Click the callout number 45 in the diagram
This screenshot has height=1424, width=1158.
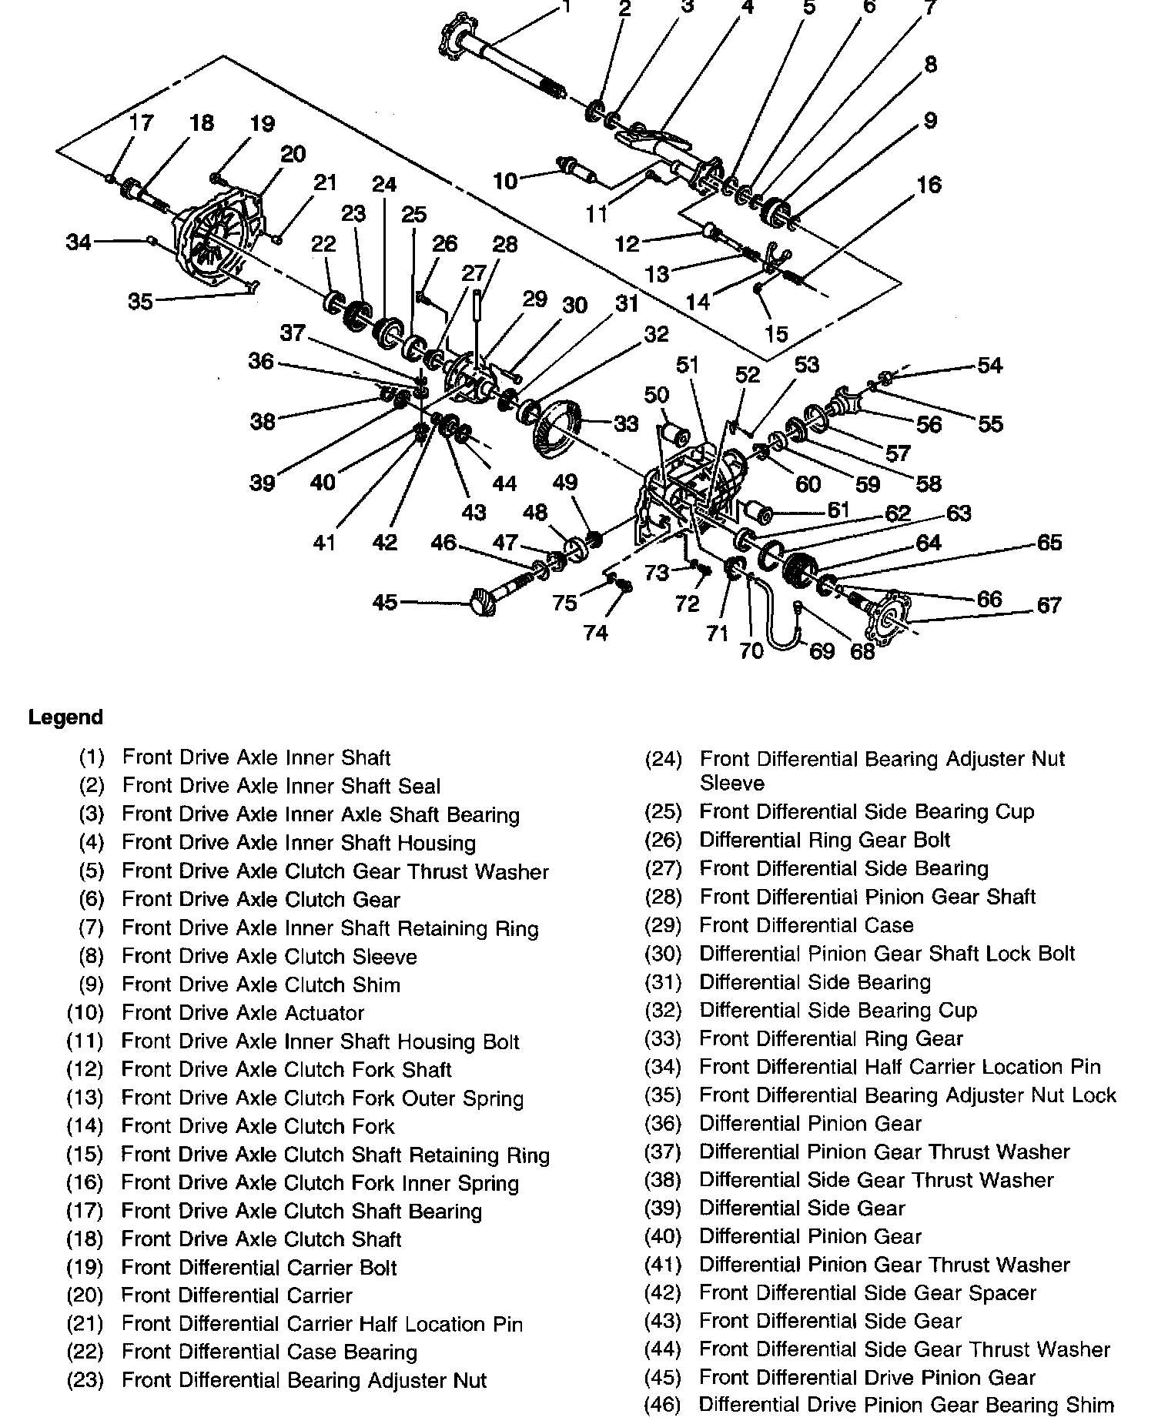pyautogui.click(x=384, y=601)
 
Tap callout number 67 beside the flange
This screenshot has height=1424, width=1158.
pyautogui.click(x=1049, y=605)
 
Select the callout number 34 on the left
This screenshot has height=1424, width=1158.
pyautogui.click(x=79, y=242)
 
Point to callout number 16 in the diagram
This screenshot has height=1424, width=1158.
pyautogui.click(x=929, y=185)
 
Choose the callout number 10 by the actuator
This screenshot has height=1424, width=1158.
pyautogui.click(x=505, y=181)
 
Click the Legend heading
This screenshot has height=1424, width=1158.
pyautogui.click(x=65, y=717)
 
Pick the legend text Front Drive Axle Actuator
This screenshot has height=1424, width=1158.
pyautogui.click(x=243, y=1013)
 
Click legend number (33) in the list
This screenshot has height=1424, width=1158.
pyautogui.click(x=663, y=1039)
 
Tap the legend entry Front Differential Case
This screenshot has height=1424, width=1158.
pyautogui.click(x=806, y=925)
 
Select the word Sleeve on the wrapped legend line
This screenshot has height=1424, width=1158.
pyautogui.click(x=731, y=784)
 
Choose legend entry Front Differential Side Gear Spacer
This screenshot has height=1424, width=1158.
pyautogui.click(x=867, y=1293)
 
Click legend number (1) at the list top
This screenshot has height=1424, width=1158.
pyautogui.click(x=91, y=757)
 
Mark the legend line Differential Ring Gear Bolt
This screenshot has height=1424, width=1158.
pyautogui.click(x=825, y=840)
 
